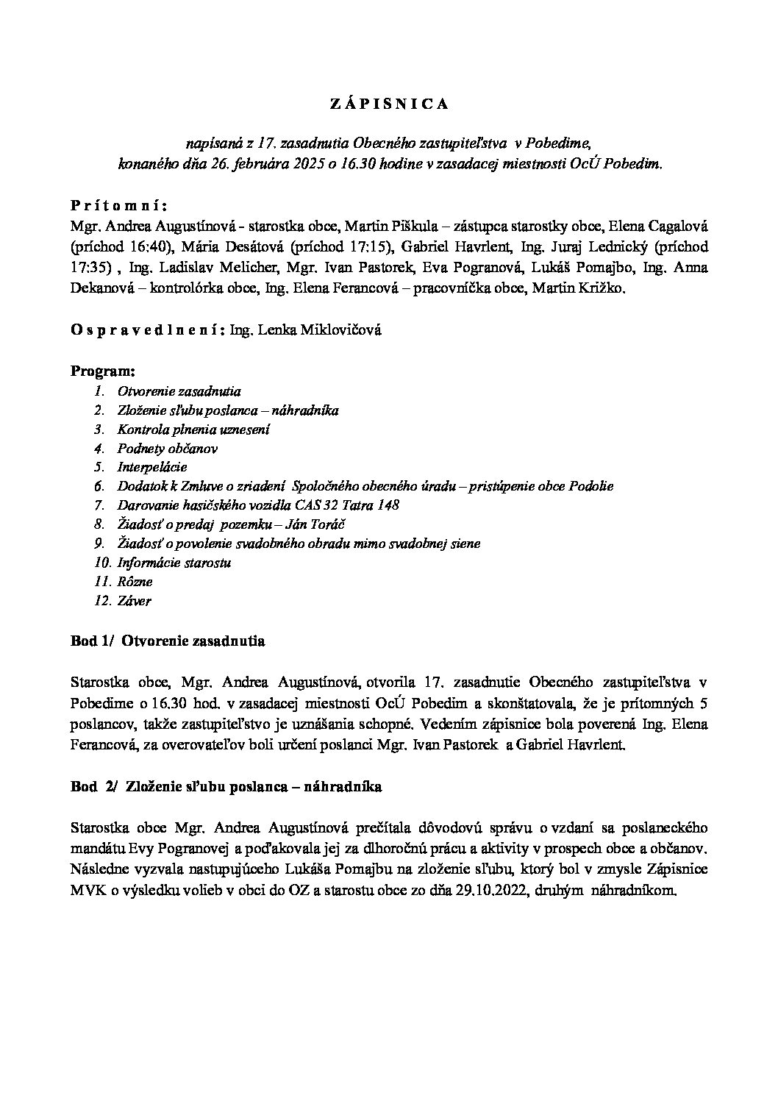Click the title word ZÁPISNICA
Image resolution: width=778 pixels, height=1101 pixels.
388,104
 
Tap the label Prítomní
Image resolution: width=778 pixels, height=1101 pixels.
120,205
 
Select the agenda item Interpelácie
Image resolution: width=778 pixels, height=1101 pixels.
152,467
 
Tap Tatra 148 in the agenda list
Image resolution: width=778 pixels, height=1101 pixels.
367,505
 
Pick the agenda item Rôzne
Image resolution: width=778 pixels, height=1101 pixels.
135,582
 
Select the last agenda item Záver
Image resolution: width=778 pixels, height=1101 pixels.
134,601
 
